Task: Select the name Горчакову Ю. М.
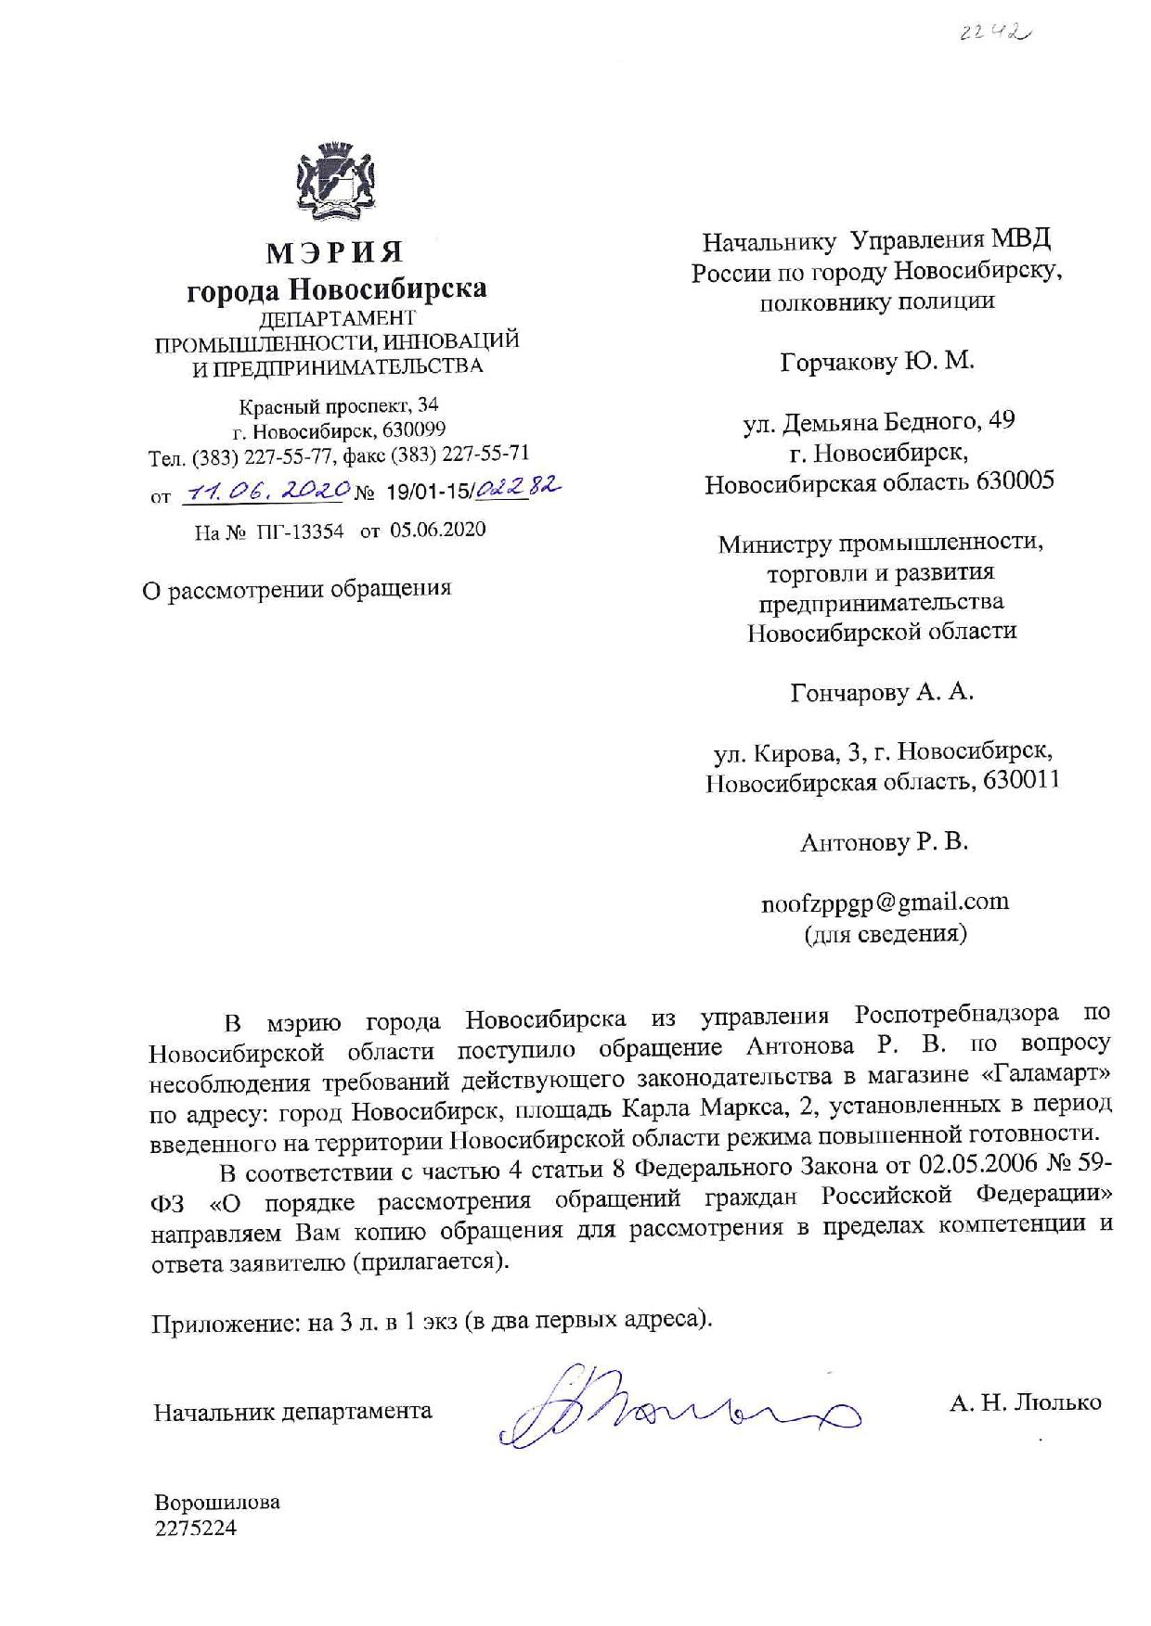point(877,361)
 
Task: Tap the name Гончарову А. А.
point(881,692)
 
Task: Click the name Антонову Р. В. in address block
point(883,842)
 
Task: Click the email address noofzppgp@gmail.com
point(884,902)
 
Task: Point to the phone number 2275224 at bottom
point(195,1528)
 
